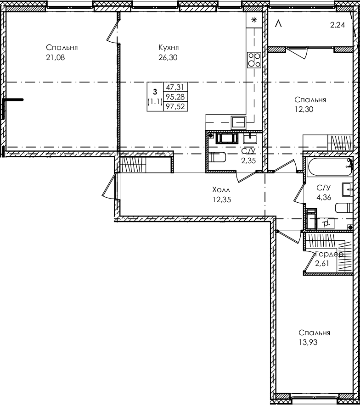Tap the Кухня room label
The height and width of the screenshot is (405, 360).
(168, 48)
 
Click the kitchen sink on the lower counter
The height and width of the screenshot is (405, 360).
(238, 122)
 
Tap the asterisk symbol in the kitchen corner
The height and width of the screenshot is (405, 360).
(253, 20)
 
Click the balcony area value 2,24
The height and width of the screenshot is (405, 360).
(337, 26)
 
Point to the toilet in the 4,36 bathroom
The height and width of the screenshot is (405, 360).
(344, 208)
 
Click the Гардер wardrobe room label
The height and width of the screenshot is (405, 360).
(329, 254)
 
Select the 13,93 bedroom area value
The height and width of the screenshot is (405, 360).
(308, 342)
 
